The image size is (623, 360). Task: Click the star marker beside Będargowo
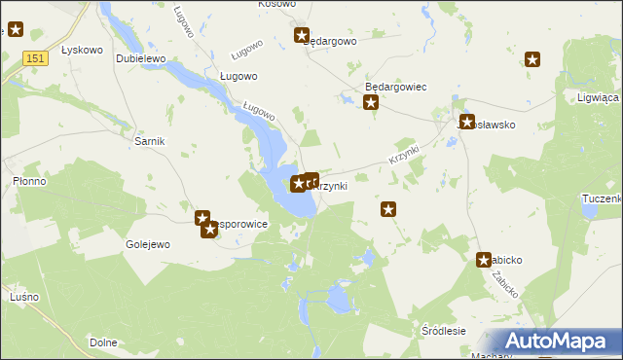click(x=302, y=36)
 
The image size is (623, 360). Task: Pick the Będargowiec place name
click(x=396, y=87)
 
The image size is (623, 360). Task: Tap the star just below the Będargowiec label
click(x=371, y=102)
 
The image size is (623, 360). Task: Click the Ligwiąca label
click(x=598, y=98)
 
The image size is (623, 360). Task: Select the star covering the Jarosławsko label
click(x=467, y=124)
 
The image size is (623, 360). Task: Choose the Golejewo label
click(x=148, y=244)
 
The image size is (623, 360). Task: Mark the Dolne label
click(x=103, y=342)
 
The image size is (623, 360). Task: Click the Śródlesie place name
click(x=443, y=331)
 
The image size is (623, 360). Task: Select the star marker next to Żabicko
click(x=484, y=260)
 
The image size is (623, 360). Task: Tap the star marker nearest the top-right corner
click(x=532, y=59)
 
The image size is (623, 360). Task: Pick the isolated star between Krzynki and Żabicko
click(x=388, y=208)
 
